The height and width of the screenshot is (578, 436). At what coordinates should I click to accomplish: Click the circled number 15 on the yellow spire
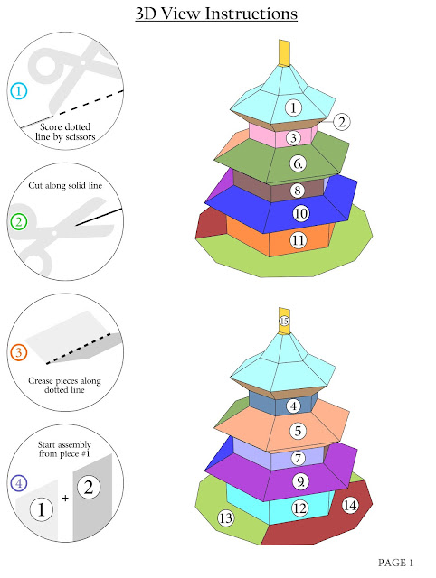(x=284, y=321)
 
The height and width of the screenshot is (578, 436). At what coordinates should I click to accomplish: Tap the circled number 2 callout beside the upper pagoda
(x=342, y=122)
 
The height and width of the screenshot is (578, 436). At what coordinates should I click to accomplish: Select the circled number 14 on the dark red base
(x=349, y=505)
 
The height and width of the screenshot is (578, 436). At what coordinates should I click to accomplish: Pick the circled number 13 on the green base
(x=225, y=517)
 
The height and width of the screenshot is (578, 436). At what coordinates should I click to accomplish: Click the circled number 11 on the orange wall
(x=299, y=240)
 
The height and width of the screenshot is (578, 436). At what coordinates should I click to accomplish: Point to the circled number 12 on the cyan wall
(x=299, y=508)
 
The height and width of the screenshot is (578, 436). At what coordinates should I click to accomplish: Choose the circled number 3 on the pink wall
(x=293, y=138)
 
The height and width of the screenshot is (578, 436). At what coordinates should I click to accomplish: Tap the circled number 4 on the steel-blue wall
(x=293, y=406)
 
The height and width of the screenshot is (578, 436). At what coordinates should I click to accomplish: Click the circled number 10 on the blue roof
(x=300, y=213)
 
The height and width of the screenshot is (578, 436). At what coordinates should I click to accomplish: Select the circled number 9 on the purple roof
(x=300, y=481)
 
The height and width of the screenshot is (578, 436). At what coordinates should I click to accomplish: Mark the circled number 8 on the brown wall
(x=298, y=191)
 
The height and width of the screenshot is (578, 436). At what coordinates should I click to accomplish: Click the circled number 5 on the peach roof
(x=298, y=431)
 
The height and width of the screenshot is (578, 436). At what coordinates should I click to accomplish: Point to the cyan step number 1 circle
(x=19, y=90)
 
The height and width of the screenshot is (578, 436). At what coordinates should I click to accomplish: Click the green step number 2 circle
(x=19, y=221)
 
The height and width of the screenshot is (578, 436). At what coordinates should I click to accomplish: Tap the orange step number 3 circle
(x=19, y=352)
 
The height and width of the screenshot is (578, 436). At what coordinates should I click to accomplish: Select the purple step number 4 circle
(x=19, y=483)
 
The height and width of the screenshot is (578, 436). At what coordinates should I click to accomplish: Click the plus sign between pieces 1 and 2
(x=65, y=499)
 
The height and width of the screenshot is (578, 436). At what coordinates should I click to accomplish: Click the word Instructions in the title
(x=251, y=14)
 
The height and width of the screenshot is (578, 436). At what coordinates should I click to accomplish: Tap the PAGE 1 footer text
(x=395, y=563)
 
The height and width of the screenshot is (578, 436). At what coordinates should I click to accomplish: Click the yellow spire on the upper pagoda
(x=284, y=53)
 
